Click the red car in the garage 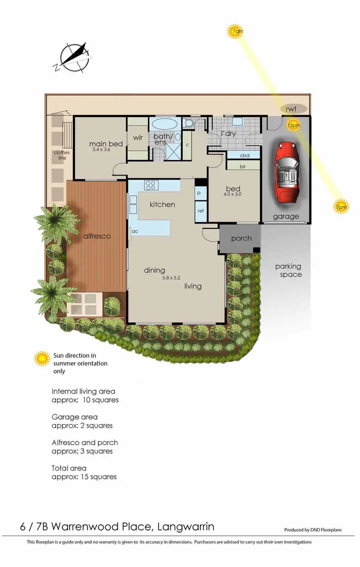click(286, 172)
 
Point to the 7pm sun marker click(341, 206)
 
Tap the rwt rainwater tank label click(291, 109)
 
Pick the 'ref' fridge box click(200, 210)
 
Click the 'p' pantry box click(200, 193)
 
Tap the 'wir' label click(138, 138)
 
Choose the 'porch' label click(241, 238)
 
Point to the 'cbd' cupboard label click(244, 155)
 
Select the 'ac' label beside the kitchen click(135, 231)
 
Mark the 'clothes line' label click(61, 155)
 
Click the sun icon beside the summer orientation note click(42, 358)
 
